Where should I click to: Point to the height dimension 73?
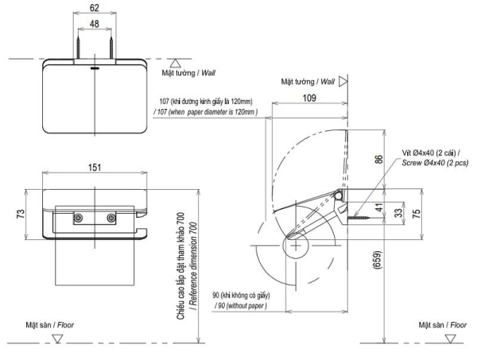point(21,214)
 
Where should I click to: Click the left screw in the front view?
point(78,217)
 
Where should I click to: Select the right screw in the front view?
point(110,217)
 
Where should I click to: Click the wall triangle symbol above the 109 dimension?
point(343,81)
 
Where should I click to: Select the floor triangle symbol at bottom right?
point(451,337)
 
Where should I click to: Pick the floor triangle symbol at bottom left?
point(56,338)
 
